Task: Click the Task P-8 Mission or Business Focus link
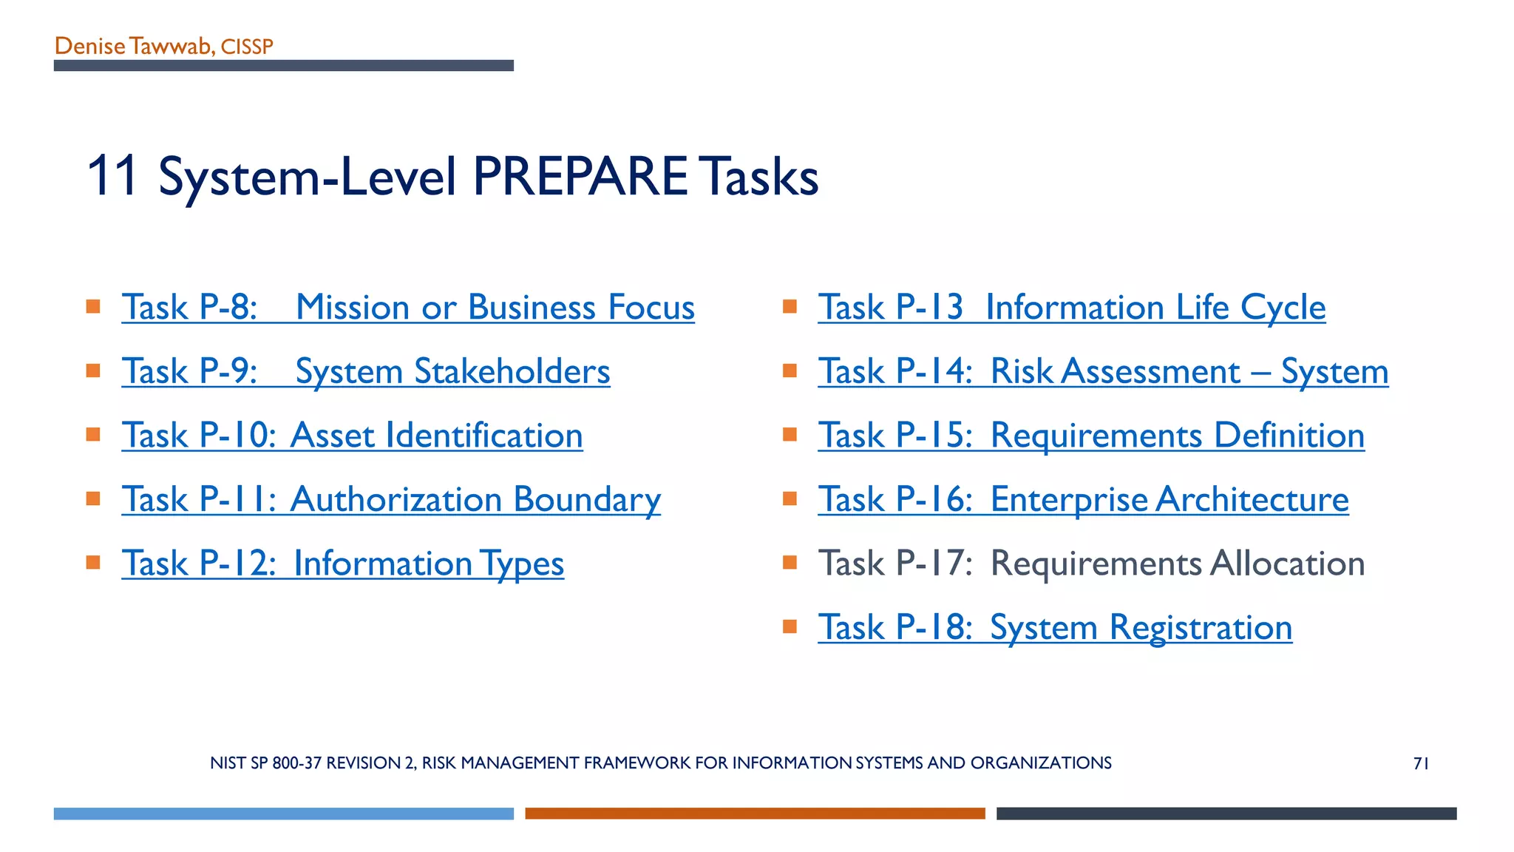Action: pyautogui.click(x=408, y=308)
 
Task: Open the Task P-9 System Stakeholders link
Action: pyautogui.click(x=366, y=371)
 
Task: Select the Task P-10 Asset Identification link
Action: pyautogui.click(x=352, y=436)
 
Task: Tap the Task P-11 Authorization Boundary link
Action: pyautogui.click(x=391, y=499)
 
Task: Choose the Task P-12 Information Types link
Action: pyautogui.click(x=342, y=564)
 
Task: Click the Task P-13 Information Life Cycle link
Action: pyautogui.click(x=1071, y=308)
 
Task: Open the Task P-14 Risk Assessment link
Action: pyautogui.click(x=1103, y=371)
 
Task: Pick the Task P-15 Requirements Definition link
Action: pyautogui.click(x=1091, y=436)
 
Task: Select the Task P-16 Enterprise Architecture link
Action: pyautogui.click(x=1083, y=499)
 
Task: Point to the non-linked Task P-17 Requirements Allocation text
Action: pyautogui.click(x=1091, y=564)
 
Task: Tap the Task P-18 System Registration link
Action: pyautogui.click(x=1055, y=628)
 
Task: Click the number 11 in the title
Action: pyautogui.click(x=112, y=177)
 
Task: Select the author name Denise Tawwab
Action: pyautogui.click(x=133, y=47)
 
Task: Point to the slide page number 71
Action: pyautogui.click(x=1421, y=763)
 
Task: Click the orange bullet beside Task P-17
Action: pyautogui.click(x=790, y=563)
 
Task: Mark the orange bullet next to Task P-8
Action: pyautogui.click(x=93, y=306)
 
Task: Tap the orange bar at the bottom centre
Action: pyautogui.click(x=755, y=814)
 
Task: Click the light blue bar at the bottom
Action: pyautogui.click(x=283, y=814)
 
